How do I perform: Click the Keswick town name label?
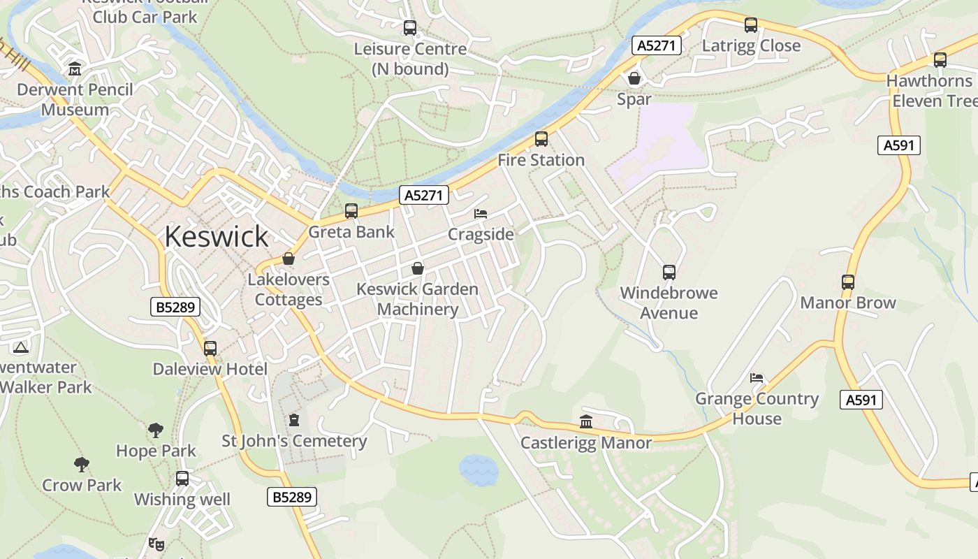click(216, 237)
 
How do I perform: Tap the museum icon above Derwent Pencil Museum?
click(75, 69)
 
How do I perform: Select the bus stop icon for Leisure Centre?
click(410, 28)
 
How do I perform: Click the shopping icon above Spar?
click(634, 78)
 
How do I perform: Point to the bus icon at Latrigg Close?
click(751, 25)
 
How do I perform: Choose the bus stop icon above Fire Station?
click(541, 139)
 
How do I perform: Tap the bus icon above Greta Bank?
click(351, 211)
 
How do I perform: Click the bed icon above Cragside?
click(481, 213)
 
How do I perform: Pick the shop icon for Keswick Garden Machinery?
click(418, 268)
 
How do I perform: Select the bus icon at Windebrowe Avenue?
click(669, 272)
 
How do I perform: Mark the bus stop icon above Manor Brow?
click(848, 282)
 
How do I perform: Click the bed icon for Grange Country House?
click(757, 378)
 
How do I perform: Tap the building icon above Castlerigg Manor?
click(586, 422)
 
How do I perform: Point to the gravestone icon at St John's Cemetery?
click(294, 420)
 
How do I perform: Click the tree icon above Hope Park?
click(156, 430)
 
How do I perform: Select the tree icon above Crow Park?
click(82, 464)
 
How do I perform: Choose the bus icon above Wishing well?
click(182, 479)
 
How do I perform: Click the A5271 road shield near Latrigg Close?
click(657, 46)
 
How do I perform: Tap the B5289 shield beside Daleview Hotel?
click(175, 307)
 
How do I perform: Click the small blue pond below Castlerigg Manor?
click(479, 470)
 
